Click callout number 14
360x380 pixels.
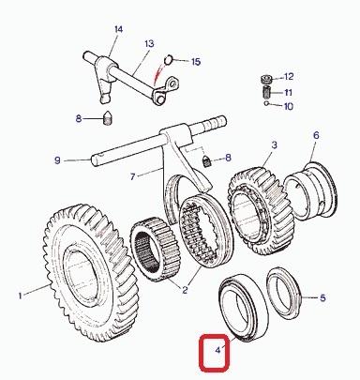click(118, 30)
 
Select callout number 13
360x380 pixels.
click(150, 43)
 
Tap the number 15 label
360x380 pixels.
click(196, 62)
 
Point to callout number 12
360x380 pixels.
click(289, 76)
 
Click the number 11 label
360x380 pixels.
click(288, 93)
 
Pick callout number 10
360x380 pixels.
click(289, 106)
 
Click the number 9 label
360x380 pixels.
click(57, 160)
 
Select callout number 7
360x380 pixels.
click(133, 177)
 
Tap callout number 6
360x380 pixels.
click(316, 135)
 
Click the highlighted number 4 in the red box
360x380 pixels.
click(217, 350)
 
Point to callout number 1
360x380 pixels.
click(21, 296)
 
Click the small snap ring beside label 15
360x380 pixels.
click(169, 59)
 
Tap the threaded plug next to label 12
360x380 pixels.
click(266, 79)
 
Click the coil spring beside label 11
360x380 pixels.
click(266, 92)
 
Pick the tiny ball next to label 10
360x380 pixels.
click(266, 103)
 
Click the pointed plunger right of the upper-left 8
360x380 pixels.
click(108, 118)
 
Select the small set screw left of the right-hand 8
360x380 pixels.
click(207, 161)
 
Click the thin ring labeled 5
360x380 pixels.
click(284, 293)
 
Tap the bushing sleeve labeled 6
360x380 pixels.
click(310, 190)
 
